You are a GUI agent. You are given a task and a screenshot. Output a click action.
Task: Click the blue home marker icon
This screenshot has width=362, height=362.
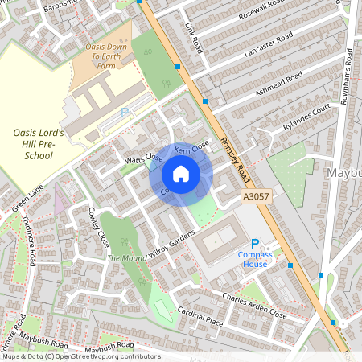181,174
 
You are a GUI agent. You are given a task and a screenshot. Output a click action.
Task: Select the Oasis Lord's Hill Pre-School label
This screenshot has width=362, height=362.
38,144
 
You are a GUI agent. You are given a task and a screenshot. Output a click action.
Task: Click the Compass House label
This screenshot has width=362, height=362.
256,259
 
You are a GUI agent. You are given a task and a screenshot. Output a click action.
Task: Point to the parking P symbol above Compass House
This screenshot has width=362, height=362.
256,244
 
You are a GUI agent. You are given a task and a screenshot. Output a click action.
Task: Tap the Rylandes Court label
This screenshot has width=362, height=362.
306,118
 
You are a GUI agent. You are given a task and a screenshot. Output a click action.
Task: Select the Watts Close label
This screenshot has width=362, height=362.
143,160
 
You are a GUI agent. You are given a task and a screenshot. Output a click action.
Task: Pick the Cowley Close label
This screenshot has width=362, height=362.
98,227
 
